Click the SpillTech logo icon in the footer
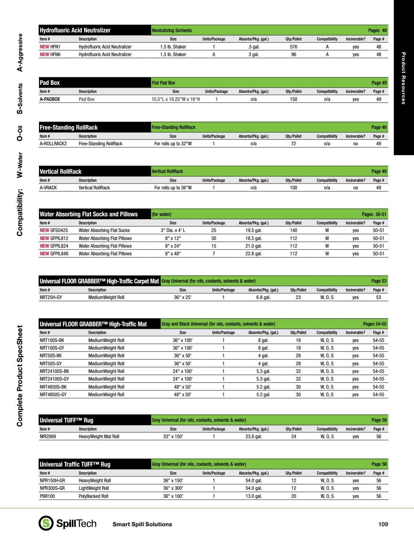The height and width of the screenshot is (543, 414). click(x=46, y=523)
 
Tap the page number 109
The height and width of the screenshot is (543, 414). click(x=383, y=524)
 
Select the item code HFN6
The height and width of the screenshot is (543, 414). click(x=55, y=55)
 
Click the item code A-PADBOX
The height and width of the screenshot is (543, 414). click(x=50, y=99)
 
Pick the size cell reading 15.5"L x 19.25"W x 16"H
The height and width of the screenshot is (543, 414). click(x=176, y=99)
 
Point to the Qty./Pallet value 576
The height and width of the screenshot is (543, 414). click(x=293, y=47)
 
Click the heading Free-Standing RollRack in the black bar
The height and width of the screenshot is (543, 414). click(x=69, y=127)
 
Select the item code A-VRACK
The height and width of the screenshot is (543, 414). click(x=48, y=188)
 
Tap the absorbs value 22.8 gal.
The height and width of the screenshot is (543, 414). click(x=253, y=254)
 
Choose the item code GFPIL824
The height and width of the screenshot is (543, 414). click(x=59, y=246)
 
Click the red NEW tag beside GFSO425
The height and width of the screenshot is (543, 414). click(x=44, y=231)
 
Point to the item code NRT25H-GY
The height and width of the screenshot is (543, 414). click(x=51, y=298)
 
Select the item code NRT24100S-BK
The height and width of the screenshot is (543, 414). click(x=54, y=371)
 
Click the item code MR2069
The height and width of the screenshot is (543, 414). click(x=48, y=437)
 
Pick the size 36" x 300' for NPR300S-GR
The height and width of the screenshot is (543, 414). click(x=173, y=488)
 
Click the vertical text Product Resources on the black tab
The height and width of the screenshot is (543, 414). click(x=403, y=78)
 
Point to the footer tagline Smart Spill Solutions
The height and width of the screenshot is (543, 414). click(x=142, y=524)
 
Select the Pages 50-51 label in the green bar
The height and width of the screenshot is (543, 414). click(x=374, y=215)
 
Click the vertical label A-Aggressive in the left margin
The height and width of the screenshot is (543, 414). click(x=20, y=52)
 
